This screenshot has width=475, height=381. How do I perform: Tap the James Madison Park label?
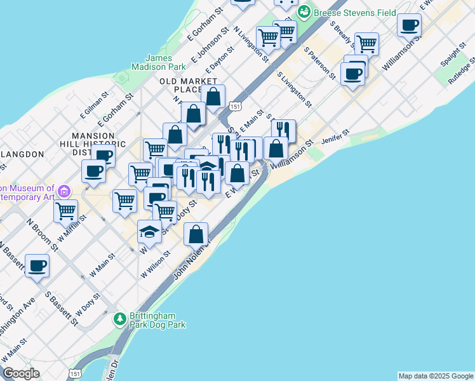158,62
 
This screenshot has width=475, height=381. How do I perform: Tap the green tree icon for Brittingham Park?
119,317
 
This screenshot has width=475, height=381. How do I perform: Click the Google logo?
20,373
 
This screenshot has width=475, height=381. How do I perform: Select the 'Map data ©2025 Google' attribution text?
436,376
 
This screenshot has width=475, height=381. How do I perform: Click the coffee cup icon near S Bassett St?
37,265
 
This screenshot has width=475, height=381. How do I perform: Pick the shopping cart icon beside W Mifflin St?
65,211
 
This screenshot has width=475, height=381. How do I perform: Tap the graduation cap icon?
149,232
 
